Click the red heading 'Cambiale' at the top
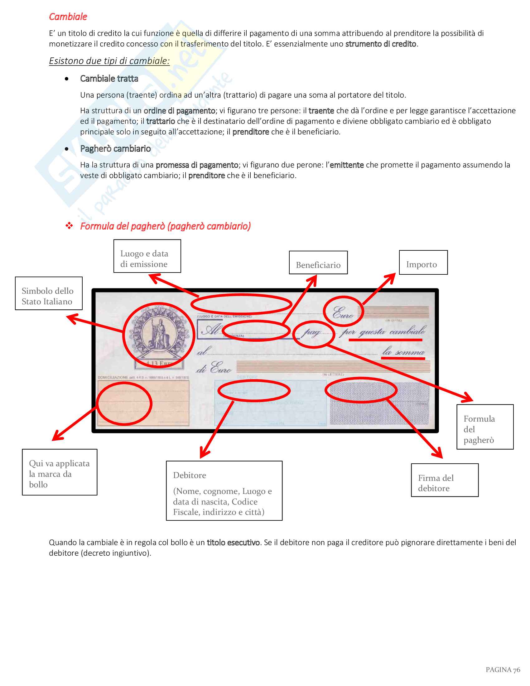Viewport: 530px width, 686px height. [x=68, y=17]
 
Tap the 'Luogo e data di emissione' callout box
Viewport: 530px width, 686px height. [x=147, y=256]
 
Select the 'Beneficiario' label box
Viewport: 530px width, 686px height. [x=318, y=263]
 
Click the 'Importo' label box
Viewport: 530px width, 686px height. [x=423, y=262]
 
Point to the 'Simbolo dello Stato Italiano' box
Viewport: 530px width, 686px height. [x=49, y=293]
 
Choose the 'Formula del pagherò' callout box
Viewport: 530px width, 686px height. [x=484, y=427]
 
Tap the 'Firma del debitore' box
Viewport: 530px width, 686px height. [x=444, y=480]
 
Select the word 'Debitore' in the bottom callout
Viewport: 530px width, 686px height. [x=189, y=475]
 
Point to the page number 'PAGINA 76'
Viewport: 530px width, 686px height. [x=503, y=670]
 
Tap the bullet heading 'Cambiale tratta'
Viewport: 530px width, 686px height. [x=109, y=79]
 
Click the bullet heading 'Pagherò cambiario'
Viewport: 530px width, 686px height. [x=115, y=148]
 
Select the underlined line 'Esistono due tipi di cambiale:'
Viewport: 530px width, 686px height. [x=109, y=61]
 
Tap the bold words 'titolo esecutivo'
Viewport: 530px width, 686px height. [x=233, y=543]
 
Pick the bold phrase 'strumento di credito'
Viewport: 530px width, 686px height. [x=381, y=44]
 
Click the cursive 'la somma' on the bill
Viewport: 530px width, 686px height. [x=403, y=352]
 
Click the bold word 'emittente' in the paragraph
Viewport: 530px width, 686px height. [x=347, y=165]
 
